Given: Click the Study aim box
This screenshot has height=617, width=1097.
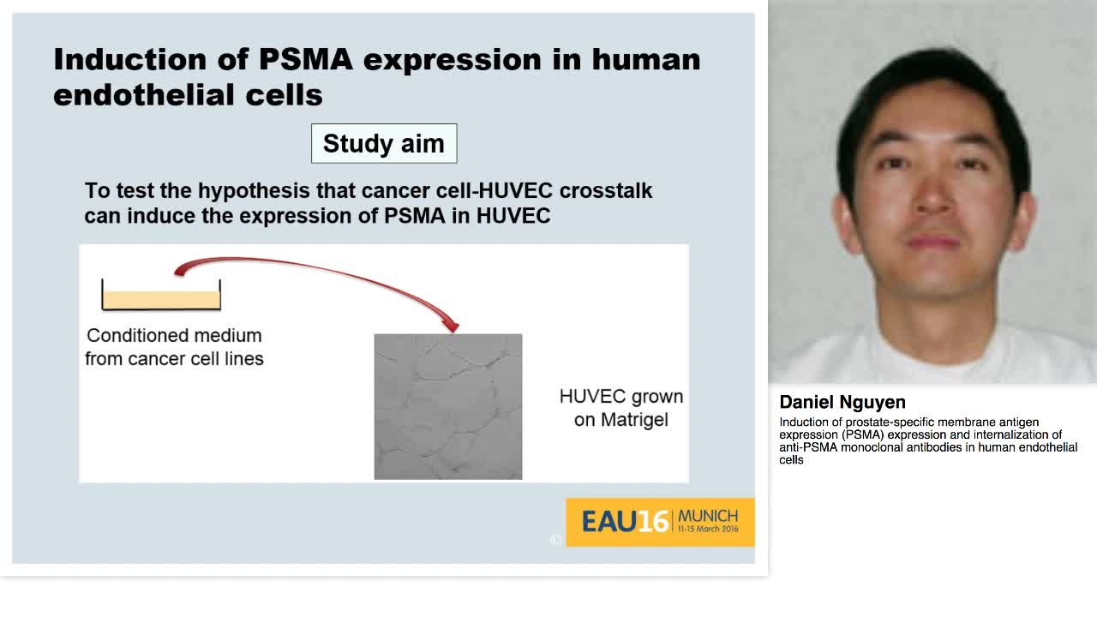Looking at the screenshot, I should point(383,143).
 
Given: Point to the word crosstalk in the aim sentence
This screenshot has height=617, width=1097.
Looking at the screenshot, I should point(606,190).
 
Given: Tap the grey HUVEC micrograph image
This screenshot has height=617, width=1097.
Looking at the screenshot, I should point(447,406).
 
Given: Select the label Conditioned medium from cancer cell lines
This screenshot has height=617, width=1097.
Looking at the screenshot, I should point(174,347).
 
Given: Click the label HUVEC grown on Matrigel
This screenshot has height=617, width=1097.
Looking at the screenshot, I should point(621,408).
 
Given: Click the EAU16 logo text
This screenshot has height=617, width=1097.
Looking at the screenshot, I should point(625,521).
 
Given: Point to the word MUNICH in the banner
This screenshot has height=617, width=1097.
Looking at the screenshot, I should point(708,516).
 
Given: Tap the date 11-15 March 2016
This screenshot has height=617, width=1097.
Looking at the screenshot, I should point(708,530).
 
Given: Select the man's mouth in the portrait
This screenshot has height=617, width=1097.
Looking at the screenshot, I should point(934,242).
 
